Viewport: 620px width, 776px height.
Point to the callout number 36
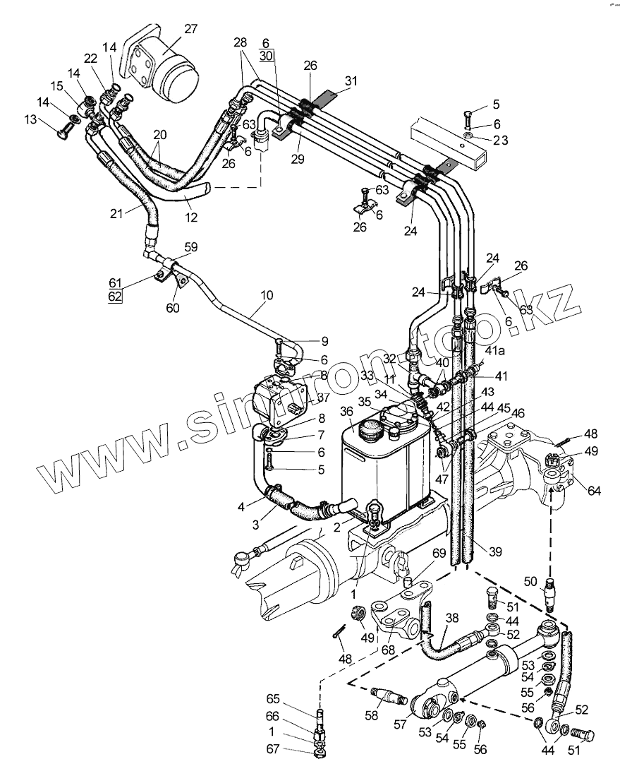click(x=346, y=412)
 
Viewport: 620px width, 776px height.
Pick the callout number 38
click(x=452, y=616)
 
